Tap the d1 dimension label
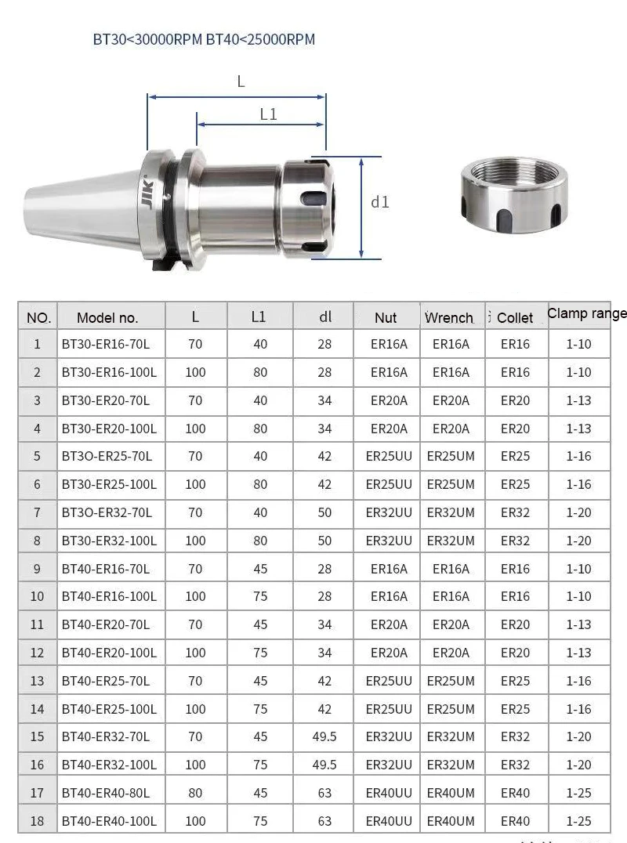[x=379, y=202]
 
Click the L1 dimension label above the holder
[x=268, y=114]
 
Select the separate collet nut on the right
[x=514, y=194]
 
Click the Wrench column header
[x=449, y=318]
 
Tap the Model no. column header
[x=107, y=318]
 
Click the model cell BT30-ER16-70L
[x=105, y=344]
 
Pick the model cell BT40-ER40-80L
[x=105, y=793]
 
